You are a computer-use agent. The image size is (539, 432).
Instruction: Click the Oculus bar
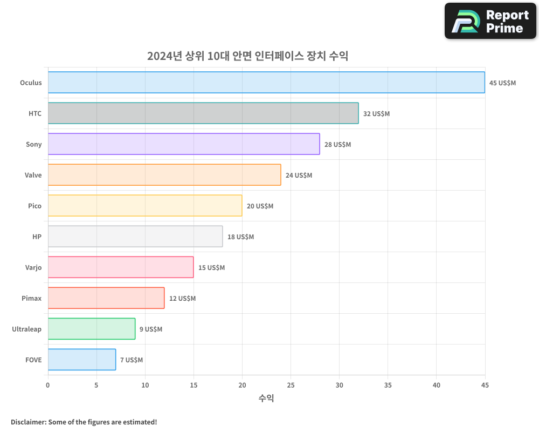[266, 83]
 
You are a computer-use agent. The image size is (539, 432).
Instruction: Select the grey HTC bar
[203, 113]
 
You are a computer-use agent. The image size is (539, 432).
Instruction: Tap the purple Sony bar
[184, 144]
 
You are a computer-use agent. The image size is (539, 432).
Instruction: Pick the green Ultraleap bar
[92, 329]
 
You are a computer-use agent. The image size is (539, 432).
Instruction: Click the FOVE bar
[82, 360]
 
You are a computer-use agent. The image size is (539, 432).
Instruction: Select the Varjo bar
[121, 267]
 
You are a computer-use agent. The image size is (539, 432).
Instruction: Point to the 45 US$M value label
[502, 83]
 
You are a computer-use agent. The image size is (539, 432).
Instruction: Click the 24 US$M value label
[299, 175]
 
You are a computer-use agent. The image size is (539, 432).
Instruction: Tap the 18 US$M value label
[240, 237]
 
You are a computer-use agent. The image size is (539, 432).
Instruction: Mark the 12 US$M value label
[182, 299]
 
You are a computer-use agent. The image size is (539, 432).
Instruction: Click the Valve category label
[33, 175]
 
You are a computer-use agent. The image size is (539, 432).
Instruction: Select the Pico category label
[34, 206]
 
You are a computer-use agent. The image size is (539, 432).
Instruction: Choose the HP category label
[37, 237]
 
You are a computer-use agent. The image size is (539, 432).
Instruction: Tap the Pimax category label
[31, 298]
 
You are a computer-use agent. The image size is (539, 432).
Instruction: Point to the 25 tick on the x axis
[291, 385]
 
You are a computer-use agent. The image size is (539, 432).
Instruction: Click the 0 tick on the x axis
[48, 385]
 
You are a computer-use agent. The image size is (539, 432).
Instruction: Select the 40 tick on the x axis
[436, 385]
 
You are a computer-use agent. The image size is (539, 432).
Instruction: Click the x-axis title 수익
[266, 399]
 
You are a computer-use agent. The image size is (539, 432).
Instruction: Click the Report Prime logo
[490, 21]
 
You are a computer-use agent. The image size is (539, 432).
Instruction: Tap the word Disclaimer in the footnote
[28, 422]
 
